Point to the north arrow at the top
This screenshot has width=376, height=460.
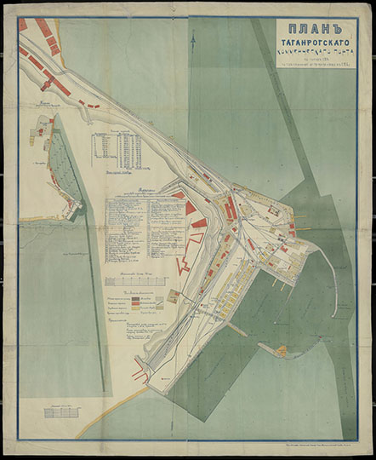195,38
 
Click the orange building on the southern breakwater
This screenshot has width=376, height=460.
138,369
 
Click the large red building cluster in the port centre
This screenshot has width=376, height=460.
229,208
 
